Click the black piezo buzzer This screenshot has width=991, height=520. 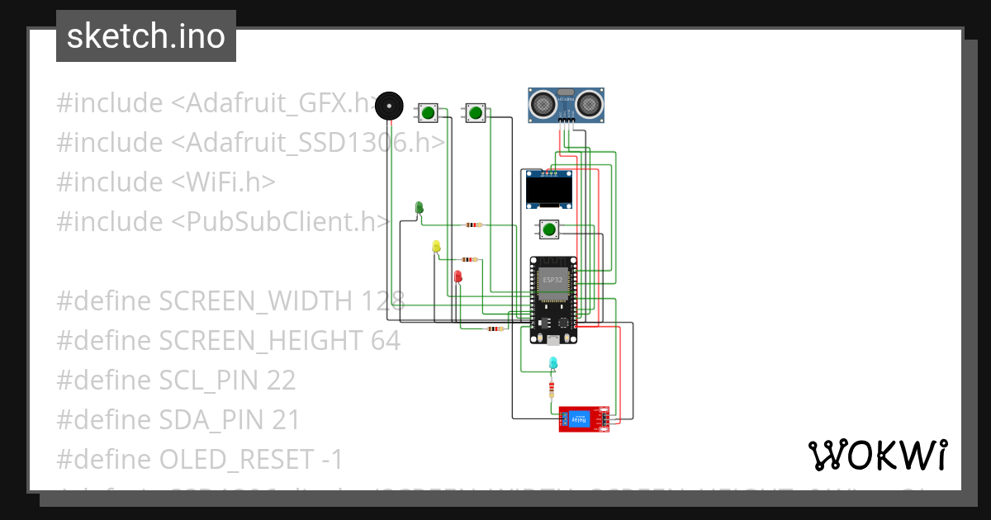pyautogui.click(x=389, y=106)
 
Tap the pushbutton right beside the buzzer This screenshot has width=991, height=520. pyautogui.click(x=428, y=112)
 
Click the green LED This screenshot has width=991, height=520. pyautogui.click(x=419, y=207)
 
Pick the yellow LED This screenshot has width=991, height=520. pyautogui.click(x=436, y=246)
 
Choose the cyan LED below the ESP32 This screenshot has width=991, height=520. pyautogui.click(x=552, y=362)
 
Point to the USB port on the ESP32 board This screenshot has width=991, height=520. pyautogui.click(x=552, y=338)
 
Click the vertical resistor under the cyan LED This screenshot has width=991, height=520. pyautogui.click(x=552, y=389)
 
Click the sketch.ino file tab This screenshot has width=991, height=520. pyautogui.click(x=146, y=36)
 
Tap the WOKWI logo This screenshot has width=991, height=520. pyautogui.click(x=877, y=455)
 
